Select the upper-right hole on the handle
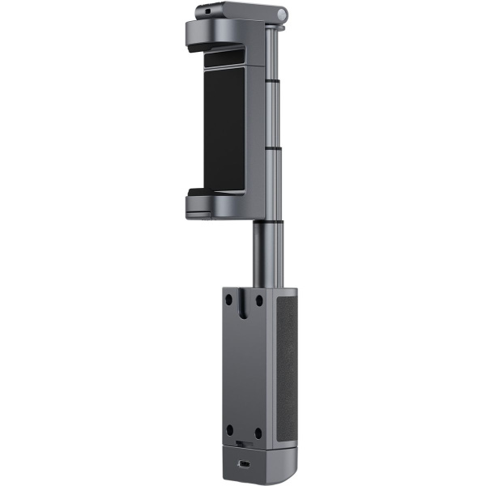click(258, 299)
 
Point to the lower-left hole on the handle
click(231, 430)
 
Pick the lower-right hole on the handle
click(258, 430)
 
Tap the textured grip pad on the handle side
click(286, 364)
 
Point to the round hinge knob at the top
click(280, 14)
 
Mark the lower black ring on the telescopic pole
click(272, 149)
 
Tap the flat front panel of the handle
click(245, 364)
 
